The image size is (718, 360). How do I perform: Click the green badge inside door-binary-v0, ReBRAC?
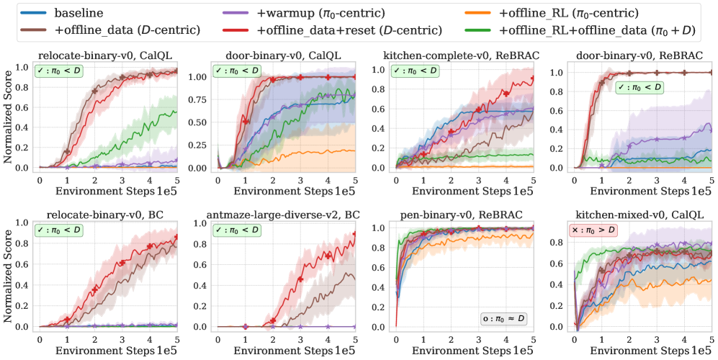coord(639,87)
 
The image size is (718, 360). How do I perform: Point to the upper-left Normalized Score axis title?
coord(8,115)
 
